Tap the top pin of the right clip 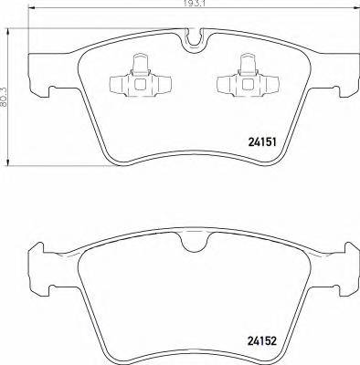(x=245, y=60)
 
